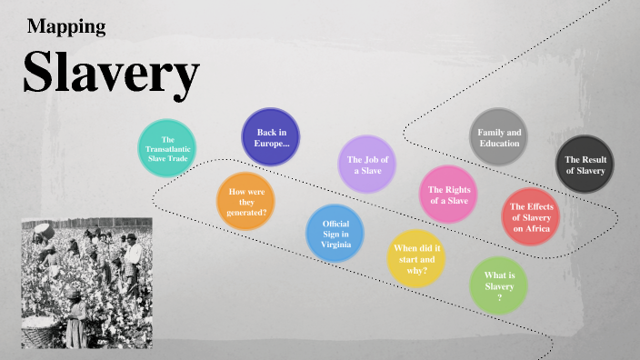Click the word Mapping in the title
click(66, 26)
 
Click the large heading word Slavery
click(111, 73)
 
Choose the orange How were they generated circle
click(246, 202)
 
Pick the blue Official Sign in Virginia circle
click(335, 234)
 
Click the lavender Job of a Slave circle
click(368, 165)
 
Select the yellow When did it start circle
click(417, 258)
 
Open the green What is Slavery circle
click(500, 286)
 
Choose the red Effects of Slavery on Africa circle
click(532, 218)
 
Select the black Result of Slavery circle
click(585, 165)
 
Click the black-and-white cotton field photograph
click(86, 283)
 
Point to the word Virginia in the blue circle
click(335, 245)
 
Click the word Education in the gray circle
click(499, 144)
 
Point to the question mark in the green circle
click(499, 297)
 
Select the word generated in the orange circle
click(246, 212)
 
